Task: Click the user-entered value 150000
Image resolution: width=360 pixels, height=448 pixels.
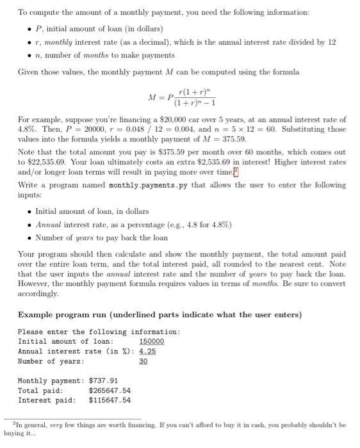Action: coord(151,341)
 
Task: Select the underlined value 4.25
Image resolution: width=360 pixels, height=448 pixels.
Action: coord(147,351)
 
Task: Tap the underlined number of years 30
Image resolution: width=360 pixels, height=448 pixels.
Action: coord(143,361)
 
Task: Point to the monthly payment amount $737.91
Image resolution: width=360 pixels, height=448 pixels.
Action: coord(105,380)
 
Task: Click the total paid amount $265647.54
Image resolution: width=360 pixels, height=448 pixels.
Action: coord(110,390)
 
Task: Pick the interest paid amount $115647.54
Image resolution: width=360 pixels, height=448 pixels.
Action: coord(110,400)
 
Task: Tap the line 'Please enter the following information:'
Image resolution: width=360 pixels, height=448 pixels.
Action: coord(99,332)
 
